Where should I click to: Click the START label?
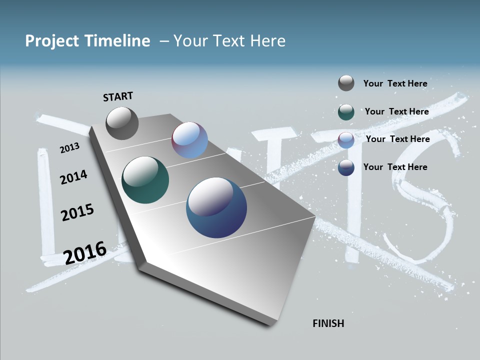118,96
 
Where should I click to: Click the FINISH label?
328,323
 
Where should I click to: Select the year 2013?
69,148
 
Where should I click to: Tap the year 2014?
73,177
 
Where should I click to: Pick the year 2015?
77,212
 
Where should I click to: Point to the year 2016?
85,252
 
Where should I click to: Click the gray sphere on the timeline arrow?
122,123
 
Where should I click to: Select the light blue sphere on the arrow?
189,140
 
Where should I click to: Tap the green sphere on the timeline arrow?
145,180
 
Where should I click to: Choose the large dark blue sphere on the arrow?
216,207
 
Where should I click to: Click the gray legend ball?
346,83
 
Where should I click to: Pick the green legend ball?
346,112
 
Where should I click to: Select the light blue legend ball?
346,140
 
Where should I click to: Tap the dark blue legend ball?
346,167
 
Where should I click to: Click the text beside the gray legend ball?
395,83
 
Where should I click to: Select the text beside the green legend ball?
396,111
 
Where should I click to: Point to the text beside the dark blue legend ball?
395,167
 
